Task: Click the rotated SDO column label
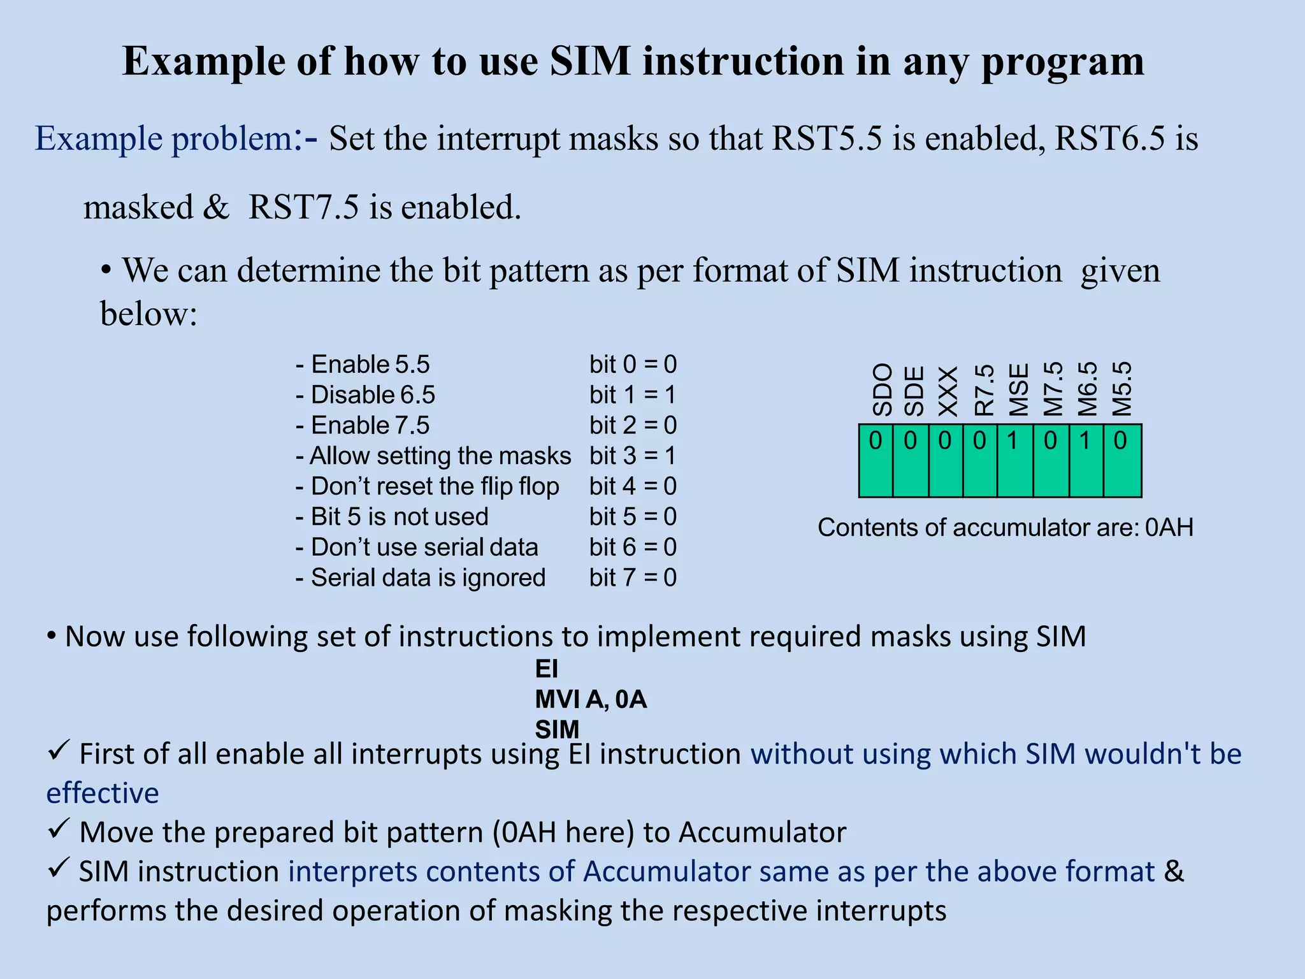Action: point(882,389)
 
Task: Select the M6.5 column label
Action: point(1087,389)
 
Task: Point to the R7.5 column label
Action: point(985,390)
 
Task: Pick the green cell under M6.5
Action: point(1086,460)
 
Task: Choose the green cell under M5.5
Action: point(1122,460)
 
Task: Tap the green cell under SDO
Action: point(876,460)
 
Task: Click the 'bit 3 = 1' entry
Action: point(633,456)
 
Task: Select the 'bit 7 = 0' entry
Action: point(633,577)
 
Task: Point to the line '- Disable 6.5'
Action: point(366,395)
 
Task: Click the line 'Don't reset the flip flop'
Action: point(428,486)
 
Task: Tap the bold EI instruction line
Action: point(547,669)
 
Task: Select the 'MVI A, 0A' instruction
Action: point(591,699)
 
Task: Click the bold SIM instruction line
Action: point(557,729)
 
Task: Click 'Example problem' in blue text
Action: point(164,138)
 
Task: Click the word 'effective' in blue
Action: point(103,793)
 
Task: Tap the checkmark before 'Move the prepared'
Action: point(58,829)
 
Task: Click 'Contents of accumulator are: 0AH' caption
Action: point(1006,528)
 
